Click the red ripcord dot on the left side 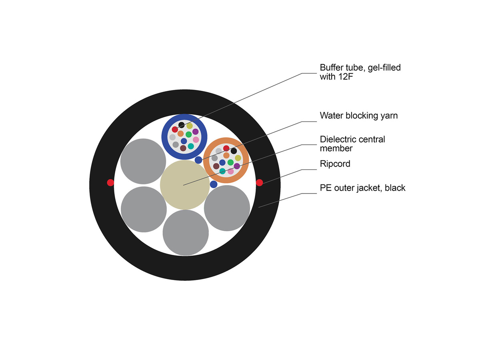(x=110, y=183)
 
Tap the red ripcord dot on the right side (x=259, y=183)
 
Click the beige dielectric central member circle (x=184, y=185)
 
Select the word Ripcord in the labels (x=335, y=164)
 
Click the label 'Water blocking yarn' (x=359, y=116)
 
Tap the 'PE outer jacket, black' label (x=362, y=188)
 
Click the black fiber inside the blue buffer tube (x=182, y=125)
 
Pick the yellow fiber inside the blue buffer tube (x=190, y=126)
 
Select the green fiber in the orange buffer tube (x=230, y=162)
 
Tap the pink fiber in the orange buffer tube (x=230, y=171)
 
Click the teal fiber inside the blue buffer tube (x=191, y=146)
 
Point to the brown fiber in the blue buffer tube (x=183, y=148)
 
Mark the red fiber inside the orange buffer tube (x=226, y=148)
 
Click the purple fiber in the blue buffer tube (x=195, y=132)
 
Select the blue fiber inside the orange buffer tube (x=222, y=162)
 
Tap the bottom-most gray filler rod (x=186, y=232)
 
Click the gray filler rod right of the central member (x=227, y=208)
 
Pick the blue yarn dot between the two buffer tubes (x=198, y=160)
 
